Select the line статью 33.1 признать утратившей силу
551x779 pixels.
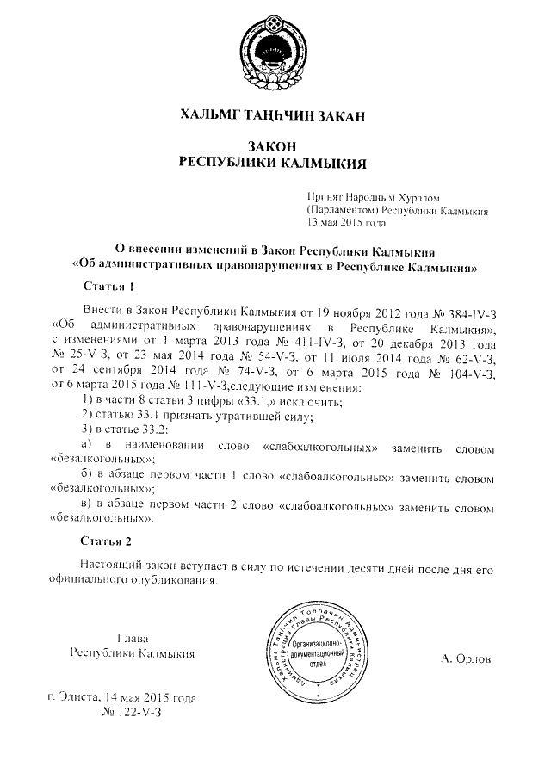click(x=195, y=417)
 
